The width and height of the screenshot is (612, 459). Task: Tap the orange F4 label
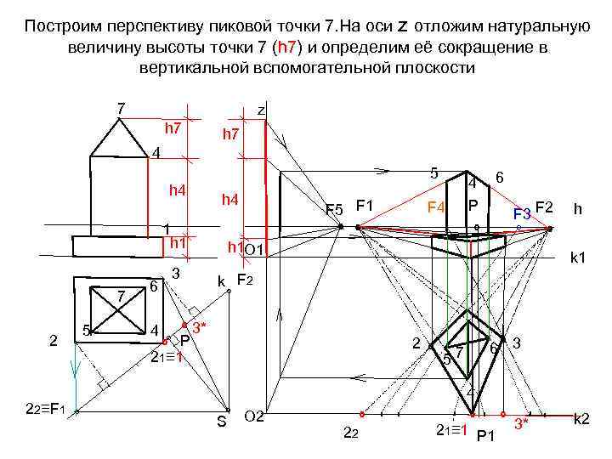pos(437,206)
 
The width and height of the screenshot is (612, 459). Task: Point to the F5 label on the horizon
pos(334,210)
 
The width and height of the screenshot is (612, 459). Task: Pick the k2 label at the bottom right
pos(583,418)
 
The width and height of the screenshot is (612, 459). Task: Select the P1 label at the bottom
pos(486,436)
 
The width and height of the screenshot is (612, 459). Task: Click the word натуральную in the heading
pos(535,26)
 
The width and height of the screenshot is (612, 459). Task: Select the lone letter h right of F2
pos(578,207)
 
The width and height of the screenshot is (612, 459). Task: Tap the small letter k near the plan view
pos(221,280)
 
